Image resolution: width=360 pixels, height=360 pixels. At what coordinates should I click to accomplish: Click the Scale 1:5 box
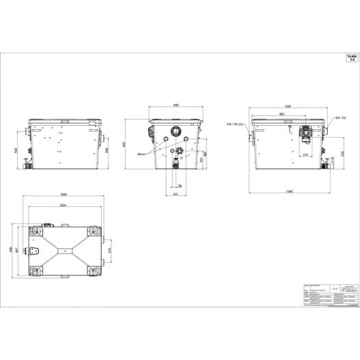[350, 58]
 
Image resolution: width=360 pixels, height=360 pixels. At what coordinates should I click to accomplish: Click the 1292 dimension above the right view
[289, 107]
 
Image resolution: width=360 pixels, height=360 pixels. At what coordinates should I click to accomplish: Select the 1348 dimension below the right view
[289, 191]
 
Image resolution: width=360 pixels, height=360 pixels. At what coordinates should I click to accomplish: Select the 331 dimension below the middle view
[176, 194]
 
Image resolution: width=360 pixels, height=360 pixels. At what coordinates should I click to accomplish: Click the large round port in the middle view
[177, 131]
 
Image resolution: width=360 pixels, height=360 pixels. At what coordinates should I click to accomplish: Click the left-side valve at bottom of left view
[25, 163]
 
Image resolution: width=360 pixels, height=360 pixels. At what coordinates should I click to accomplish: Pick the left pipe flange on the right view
[252, 139]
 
